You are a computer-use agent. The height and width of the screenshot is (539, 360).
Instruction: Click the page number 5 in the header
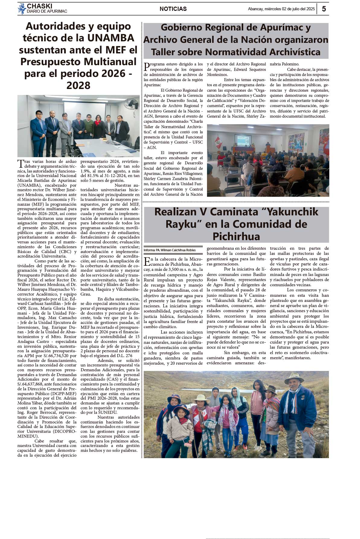tap(324, 9)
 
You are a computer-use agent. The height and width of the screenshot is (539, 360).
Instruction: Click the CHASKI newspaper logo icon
tap(22, 8)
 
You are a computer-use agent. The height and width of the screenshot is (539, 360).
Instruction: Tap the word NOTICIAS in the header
tap(173, 9)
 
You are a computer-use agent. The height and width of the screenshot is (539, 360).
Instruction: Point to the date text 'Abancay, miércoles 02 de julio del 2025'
tap(281, 9)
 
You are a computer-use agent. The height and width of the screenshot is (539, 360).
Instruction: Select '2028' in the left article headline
tap(78, 86)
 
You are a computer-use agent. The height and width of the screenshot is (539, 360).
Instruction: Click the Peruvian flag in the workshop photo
tap(217, 142)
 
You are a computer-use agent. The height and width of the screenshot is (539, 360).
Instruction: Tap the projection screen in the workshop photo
tap(243, 140)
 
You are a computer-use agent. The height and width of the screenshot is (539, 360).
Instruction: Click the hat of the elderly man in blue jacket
tap(294, 377)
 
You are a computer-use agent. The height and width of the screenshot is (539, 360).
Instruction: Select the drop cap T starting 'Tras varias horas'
tap(21, 164)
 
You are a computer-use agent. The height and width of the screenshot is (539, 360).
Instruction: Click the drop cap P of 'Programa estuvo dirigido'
tap(147, 67)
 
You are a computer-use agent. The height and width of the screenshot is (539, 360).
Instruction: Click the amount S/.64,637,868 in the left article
tap(31, 384)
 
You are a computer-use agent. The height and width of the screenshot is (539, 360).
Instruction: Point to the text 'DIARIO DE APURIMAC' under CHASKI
tap(47, 11)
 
